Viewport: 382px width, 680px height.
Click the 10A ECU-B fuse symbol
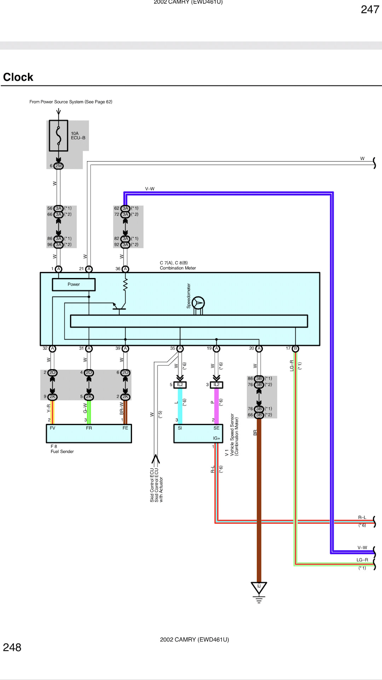pyautogui.click(x=58, y=136)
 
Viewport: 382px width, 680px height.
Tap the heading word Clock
pyautogui.click(x=18, y=77)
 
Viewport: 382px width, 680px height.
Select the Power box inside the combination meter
pyautogui.click(x=74, y=284)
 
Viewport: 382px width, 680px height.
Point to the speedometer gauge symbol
pyautogui.click(x=198, y=303)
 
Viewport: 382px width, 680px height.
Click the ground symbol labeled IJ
pyautogui.click(x=259, y=587)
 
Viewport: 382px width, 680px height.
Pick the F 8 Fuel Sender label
pyautogui.click(x=62, y=449)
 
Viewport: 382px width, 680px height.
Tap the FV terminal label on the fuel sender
pyautogui.click(x=52, y=428)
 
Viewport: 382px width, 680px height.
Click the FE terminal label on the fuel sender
pyautogui.click(x=125, y=428)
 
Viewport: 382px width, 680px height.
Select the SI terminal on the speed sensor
pyautogui.click(x=180, y=428)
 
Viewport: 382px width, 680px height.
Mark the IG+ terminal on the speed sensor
pyautogui.click(x=216, y=438)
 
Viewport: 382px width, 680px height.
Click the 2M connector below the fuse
pyautogui.click(x=58, y=166)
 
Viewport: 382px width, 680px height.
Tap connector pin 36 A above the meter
pyautogui.click(x=125, y=269)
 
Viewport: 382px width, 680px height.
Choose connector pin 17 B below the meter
pyautogui.click(x=295, y=348)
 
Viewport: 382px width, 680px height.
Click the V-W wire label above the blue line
pyautogui.click(x=150, y=189)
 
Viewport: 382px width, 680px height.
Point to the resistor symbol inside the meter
pyautogui.click(x=125, y=285)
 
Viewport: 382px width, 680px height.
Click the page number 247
pyautogui.click(x=370, y=10)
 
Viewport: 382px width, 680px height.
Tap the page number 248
pyautogui.click(x=12, y=647)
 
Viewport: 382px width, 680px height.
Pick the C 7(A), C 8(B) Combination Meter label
pyautogui.click(x=178, y=266)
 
